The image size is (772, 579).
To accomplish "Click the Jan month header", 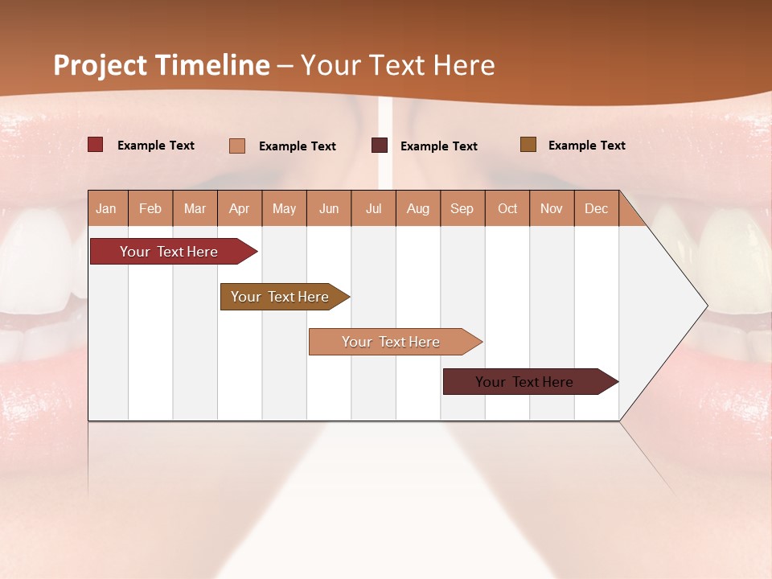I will [106, 208].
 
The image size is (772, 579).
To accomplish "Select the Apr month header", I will [239, 208].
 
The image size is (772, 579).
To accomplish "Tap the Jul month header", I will [373, 208].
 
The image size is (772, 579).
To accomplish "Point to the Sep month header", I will [462, 208].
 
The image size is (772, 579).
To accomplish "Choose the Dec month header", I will [596, 208].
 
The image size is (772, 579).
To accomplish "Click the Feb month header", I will [150, 208].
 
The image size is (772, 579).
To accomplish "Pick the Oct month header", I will [507, 208].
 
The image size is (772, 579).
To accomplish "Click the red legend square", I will [96, 145].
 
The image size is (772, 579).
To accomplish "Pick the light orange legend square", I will [237, 146].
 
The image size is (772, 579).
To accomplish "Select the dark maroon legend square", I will [380, 146].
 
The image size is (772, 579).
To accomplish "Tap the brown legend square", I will [528, 145].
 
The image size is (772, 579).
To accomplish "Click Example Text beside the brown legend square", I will [586, 146].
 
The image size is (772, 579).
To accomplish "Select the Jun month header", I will [329, 208].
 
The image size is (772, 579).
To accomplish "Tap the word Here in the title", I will [464, 65].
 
